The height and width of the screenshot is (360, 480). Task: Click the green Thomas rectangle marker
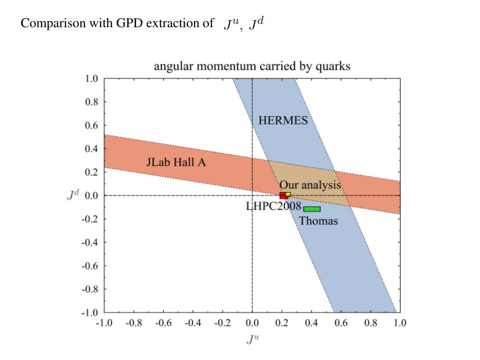[312, 209]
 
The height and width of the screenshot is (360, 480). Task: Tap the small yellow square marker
[288, 194]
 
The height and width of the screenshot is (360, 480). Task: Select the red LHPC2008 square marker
[283, 196]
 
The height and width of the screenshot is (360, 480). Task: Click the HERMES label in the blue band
[283, 120]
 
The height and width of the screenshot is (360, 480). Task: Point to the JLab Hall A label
[176, 163]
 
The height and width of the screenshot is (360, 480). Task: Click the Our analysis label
[310, 185]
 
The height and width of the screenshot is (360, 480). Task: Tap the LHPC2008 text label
[273, 206]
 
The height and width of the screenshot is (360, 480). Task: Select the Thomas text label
[318, 221]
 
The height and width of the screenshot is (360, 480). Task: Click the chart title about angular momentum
[252, 66]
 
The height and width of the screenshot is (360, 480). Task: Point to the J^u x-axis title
[252, 339]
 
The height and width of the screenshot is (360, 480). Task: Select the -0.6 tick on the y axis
[90, 266]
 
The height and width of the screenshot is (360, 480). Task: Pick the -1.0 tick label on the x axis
[104, 323]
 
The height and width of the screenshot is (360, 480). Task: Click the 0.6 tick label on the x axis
[341, 323]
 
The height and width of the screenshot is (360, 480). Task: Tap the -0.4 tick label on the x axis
[193, 323]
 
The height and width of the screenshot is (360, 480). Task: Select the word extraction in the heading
[168, 23]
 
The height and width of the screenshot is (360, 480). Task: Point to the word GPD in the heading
[129, 23]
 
